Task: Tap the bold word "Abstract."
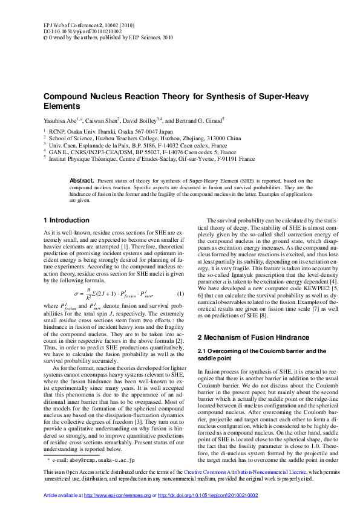point(82,181)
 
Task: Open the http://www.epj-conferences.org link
point(117,495)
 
